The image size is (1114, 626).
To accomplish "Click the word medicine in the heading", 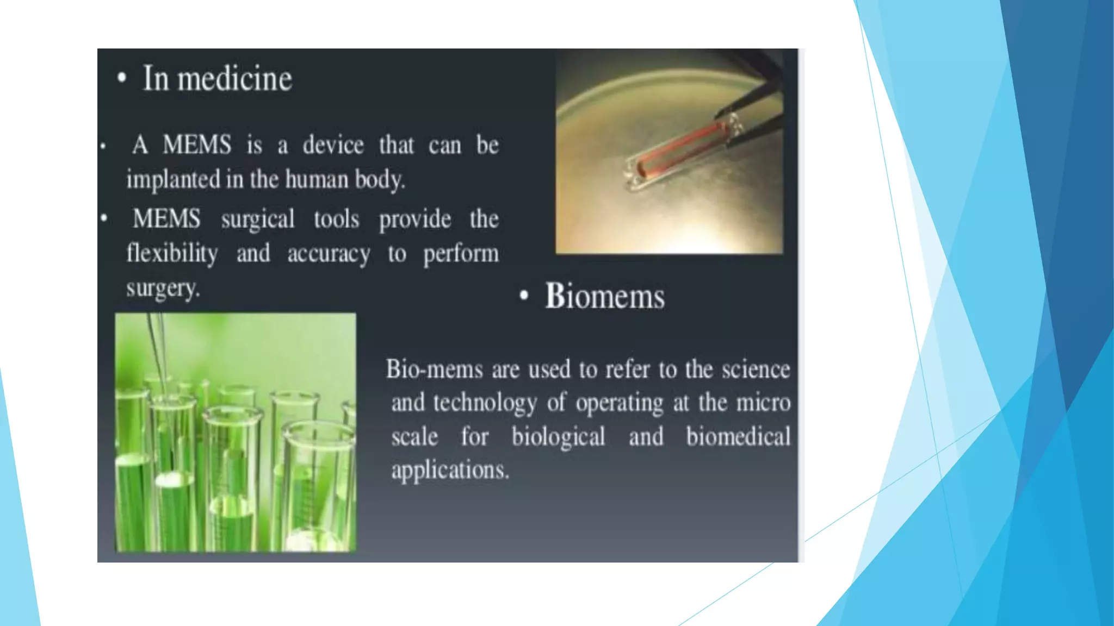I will pos(235,79).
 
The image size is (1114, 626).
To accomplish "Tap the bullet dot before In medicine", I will pos(122,78).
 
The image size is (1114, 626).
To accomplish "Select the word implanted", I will pos(174,180).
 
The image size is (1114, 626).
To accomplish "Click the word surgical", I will pos(258,220).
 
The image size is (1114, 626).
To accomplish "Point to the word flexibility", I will pos(172,254).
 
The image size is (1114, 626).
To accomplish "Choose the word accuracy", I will pos(329,254).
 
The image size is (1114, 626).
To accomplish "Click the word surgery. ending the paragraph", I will pos(163,288).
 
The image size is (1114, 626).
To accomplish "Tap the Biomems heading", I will pos(605,296).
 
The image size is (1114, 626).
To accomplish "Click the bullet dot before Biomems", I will pos(524,296).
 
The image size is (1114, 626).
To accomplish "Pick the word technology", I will pos(485,403).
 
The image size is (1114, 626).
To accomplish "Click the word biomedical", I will pos(738,437).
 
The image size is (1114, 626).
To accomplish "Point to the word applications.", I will pos(450,470).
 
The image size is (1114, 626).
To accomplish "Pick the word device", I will pos(333,146).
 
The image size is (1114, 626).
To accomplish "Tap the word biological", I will pos(558,437).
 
